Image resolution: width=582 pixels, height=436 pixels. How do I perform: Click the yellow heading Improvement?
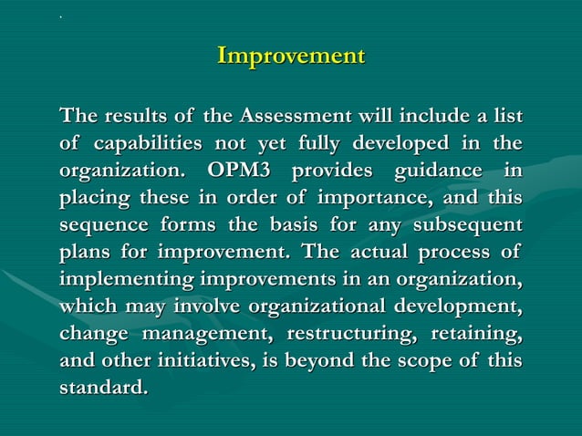pyautogui.click(x=290, y=56)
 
